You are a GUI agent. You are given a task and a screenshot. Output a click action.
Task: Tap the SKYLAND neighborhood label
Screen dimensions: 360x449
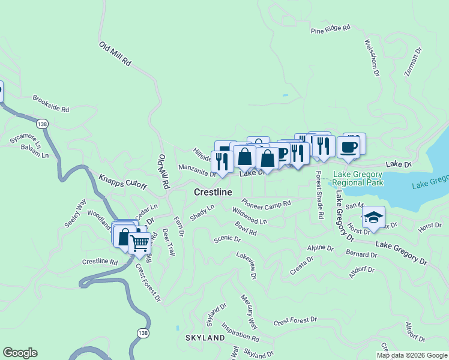coord(205,338)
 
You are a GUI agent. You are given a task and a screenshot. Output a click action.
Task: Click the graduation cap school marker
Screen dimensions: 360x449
coord(373,217)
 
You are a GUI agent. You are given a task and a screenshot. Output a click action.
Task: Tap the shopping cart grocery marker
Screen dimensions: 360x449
coord(139,243)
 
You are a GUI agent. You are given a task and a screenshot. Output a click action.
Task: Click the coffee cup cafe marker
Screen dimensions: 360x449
coord(348,146)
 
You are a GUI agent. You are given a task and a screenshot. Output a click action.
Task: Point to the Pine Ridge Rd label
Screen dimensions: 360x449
coord(330,29)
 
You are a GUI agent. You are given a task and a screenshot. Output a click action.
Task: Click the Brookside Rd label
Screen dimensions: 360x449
coord(51,104)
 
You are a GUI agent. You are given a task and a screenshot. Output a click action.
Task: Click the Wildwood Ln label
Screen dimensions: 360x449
coord(249,216)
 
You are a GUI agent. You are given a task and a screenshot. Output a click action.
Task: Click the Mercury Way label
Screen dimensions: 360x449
coord(249,311)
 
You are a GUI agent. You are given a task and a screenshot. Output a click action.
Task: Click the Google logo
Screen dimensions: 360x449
coord(20,353)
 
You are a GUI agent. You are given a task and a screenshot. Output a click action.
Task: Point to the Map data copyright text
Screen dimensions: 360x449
coord(412,355)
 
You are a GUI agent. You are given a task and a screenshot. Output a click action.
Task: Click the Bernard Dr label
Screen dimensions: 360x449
coord(361,254)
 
